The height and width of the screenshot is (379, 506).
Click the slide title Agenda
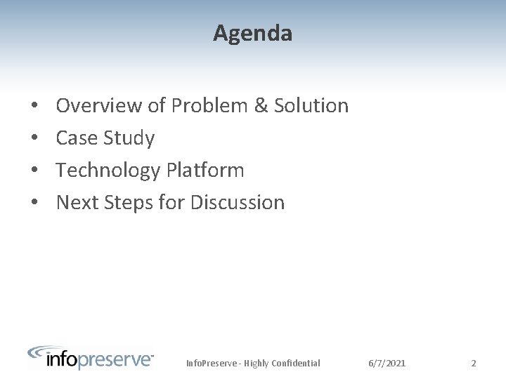pos(253,33)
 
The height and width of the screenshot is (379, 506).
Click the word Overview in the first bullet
pos(99,106)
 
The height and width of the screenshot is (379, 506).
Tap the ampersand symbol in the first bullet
pos(261,106)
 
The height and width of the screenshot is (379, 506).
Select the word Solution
pos(311,106)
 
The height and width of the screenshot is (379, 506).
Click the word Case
pos(77,138)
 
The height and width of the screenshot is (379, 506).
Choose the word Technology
pos(108,171)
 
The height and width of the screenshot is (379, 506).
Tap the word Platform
pos(206,171)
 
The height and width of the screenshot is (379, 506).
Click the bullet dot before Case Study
pos(34,139)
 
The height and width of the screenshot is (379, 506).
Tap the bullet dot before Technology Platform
pos(34,171)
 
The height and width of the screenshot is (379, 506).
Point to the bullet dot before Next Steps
pos(34,204)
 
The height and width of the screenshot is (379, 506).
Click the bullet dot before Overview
pos(34,107)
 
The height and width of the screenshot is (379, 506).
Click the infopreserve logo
pos(91,357)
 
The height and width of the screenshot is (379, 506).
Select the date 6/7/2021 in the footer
pos(387,364)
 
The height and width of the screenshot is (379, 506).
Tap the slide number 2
pos(474,364)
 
